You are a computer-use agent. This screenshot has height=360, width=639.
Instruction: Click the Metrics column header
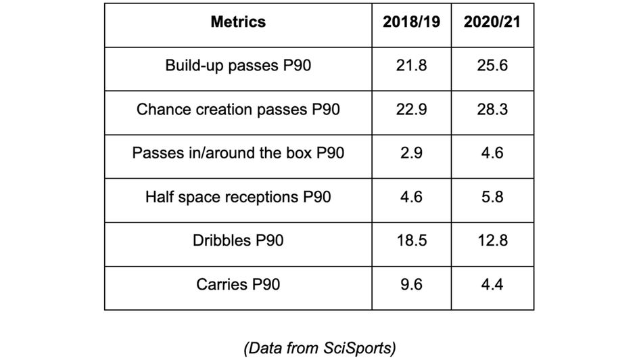[x=238, y=22]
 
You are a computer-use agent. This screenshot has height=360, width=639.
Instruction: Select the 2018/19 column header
[x=411, y=22]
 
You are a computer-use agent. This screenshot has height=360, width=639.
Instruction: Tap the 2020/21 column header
[x=492, y=22]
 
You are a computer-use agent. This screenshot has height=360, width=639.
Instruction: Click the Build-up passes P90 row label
[x=238, y=66]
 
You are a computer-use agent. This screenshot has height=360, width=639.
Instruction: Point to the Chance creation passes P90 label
[x=238, y=110]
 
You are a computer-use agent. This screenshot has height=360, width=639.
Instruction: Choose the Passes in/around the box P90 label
[x=238, y=153]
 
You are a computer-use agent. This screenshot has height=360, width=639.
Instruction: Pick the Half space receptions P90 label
[x=238, y=197]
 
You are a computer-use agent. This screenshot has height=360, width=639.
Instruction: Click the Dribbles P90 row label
[x=238, y=240]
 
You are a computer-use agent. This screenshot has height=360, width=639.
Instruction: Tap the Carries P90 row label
[x=238, y=284]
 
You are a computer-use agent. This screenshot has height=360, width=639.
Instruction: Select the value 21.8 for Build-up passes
[x=411, y=66]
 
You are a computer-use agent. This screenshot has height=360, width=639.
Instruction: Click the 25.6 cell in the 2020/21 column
[x=492, y=66]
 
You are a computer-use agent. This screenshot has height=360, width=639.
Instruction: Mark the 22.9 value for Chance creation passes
[x=411, y=110]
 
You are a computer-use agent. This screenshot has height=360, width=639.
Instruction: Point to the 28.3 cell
[x=492, y=110]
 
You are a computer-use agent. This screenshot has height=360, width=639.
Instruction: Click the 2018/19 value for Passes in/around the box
[x=411, y=153]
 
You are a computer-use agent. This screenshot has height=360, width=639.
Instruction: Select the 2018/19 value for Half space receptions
[x=411, y=197]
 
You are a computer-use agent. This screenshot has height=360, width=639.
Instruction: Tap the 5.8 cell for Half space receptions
[x=492, y=197]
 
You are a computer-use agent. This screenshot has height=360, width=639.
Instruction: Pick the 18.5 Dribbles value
[x=411, y=240]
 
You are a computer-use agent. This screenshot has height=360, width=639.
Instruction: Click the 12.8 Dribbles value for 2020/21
[x=492, y=240]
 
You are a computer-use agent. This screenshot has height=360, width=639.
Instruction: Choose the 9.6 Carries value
[x=411, y=284]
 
